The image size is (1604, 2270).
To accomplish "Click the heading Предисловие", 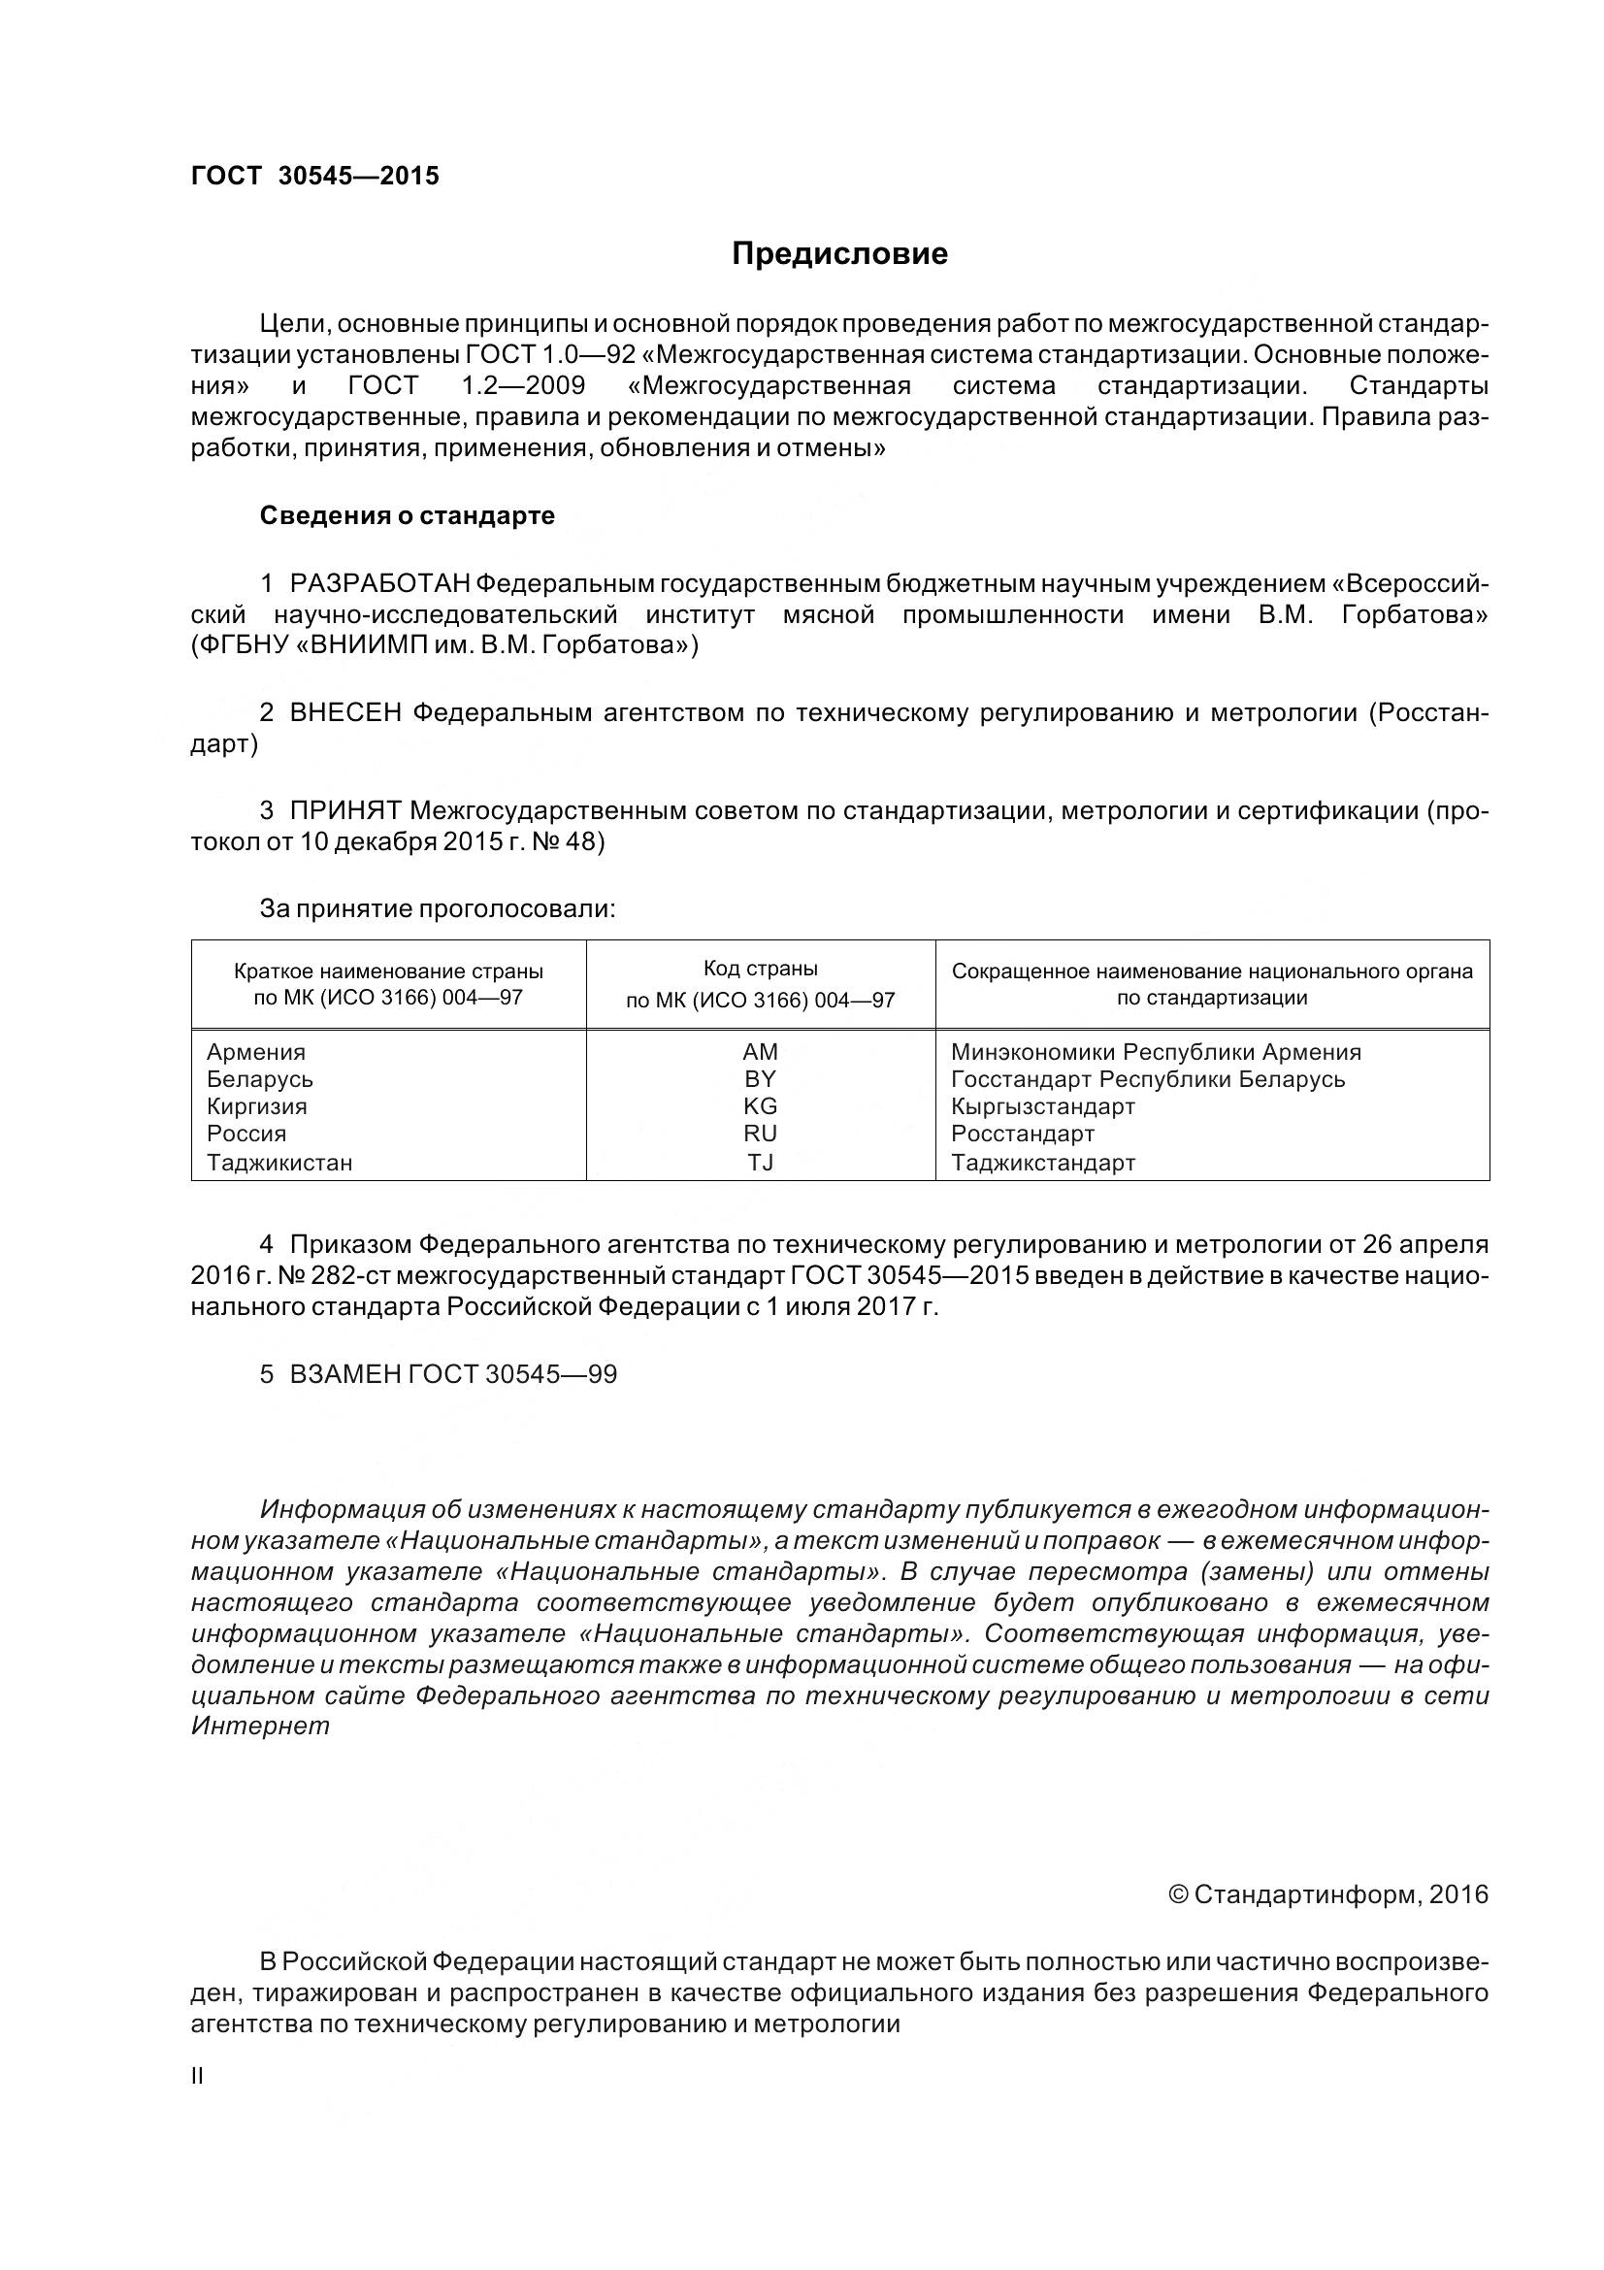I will [x=839, y=254].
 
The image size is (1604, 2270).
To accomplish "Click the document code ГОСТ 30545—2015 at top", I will [x=314, y=176].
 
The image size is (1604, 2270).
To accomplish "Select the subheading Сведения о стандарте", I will [x=407, y=516].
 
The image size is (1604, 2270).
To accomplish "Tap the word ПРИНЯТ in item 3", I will [x=344, y=811].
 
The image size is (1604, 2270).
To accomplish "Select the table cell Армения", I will [x=256, y=1052].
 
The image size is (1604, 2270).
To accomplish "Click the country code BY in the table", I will [x=760, y=1079].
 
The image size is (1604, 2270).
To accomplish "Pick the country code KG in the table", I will [x=760, y=1106].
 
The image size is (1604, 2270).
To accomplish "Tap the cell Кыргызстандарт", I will [x=1043, y=1106].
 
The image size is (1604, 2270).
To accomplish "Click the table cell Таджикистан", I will [x=278, y=1163].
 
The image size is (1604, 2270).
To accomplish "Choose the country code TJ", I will [x=760, y=1163].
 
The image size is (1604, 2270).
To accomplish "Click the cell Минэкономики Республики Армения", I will [x=1156, y=1052].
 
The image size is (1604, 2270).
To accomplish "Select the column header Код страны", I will [x=760, y=969].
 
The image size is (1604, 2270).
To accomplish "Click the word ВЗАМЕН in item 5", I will [x=344, y=1375].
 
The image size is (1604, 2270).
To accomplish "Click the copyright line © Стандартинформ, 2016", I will [x=1328, y=1894].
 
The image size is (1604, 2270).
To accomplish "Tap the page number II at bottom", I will [x=198, y=2076].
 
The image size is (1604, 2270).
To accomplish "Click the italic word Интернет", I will [x=260, y=1727].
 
